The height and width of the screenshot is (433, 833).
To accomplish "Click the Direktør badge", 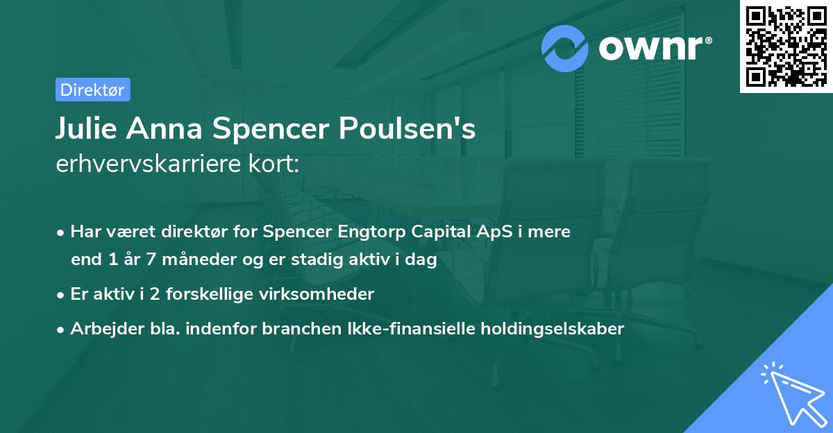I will [x=92, y=90].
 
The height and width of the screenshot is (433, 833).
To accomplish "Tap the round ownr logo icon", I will [x=565, y=49].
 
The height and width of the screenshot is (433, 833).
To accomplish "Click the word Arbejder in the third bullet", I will [x=102, y=329].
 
